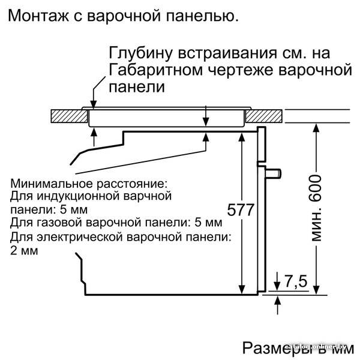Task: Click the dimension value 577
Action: point(241,209)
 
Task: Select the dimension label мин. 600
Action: point(316,208)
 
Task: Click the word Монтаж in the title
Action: point(38,16)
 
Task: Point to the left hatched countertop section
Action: point(69,116)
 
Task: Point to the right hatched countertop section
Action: point(264,116)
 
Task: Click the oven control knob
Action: point(273,173)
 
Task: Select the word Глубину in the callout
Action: point(140,53)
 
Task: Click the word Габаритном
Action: point(156,70)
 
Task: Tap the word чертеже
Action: point(241,70)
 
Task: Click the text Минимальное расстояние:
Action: point(89,184)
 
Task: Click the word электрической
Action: point(80,237)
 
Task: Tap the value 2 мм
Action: point(24,250)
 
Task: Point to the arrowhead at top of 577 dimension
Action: point(242,137)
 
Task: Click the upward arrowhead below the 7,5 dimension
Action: point(278,301)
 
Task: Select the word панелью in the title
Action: point(202,16)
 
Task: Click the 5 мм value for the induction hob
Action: point(73,209)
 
